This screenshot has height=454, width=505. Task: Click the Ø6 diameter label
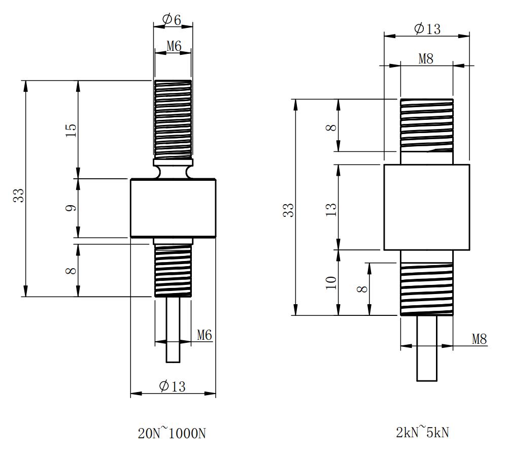[172, 20]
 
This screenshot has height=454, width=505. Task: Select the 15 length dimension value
[71, 130]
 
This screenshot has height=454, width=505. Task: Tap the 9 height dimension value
[71, 208]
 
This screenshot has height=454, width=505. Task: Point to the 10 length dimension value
[331, 283]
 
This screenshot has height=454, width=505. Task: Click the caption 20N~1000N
[172, 433]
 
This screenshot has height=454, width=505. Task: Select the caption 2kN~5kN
[423, 432]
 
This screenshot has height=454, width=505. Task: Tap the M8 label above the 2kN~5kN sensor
[426, 59]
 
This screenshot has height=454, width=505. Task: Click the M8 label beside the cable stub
[479, 339]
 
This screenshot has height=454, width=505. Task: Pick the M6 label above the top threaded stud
[174, 46]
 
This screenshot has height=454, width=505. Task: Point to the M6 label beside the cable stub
[205, 335]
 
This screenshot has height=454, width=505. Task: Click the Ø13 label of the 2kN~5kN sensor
[427, 29]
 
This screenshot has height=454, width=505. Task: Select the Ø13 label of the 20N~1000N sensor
[172, 386]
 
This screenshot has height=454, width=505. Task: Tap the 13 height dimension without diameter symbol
[331, 209]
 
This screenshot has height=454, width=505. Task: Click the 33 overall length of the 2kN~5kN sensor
[289, 210]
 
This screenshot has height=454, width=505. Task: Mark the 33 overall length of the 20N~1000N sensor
[19, 196]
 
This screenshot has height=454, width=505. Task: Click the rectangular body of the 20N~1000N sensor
[173, 208]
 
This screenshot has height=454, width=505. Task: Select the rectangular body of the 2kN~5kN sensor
[427, 207]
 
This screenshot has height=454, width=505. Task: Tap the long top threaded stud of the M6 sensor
[173, 119]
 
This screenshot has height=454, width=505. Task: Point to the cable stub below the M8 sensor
[427, 348]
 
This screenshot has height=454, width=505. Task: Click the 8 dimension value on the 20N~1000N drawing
[71, 270]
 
